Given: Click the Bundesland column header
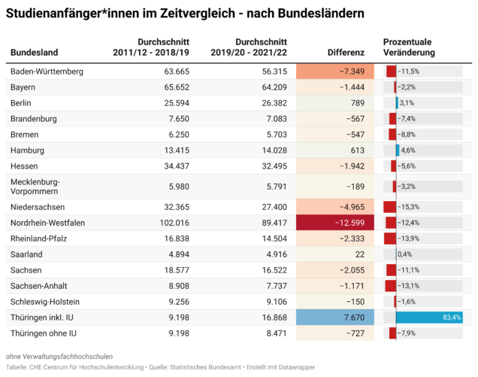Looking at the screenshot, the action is coord(34,53).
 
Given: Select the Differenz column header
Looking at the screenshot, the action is coord(346,53).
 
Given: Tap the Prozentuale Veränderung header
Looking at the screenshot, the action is coord(409,47).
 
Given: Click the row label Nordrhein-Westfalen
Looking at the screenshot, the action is coord(47,223).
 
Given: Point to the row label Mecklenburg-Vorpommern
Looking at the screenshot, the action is coord(35,187).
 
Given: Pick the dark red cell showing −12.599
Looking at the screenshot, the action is coord(335,223).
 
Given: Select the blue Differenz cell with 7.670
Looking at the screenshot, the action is coord(335,318).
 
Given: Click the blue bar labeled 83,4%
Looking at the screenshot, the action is coord(429,318).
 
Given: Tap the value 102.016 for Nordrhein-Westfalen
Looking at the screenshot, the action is coord(174,223).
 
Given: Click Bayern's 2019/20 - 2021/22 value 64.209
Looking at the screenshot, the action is coord(274,87).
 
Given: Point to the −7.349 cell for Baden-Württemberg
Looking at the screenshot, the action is coord(335,71).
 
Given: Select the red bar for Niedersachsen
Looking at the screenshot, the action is coord(389,207).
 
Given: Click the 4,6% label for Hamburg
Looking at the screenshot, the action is coord(408,150).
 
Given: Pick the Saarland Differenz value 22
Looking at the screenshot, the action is coord(360,254).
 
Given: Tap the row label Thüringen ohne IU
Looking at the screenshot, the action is coord(44,333).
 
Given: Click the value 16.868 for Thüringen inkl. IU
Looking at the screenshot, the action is coord(274,318).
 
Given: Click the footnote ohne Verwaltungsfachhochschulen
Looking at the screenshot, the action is coord(59,357).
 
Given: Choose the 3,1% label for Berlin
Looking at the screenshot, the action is coord(407,103).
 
